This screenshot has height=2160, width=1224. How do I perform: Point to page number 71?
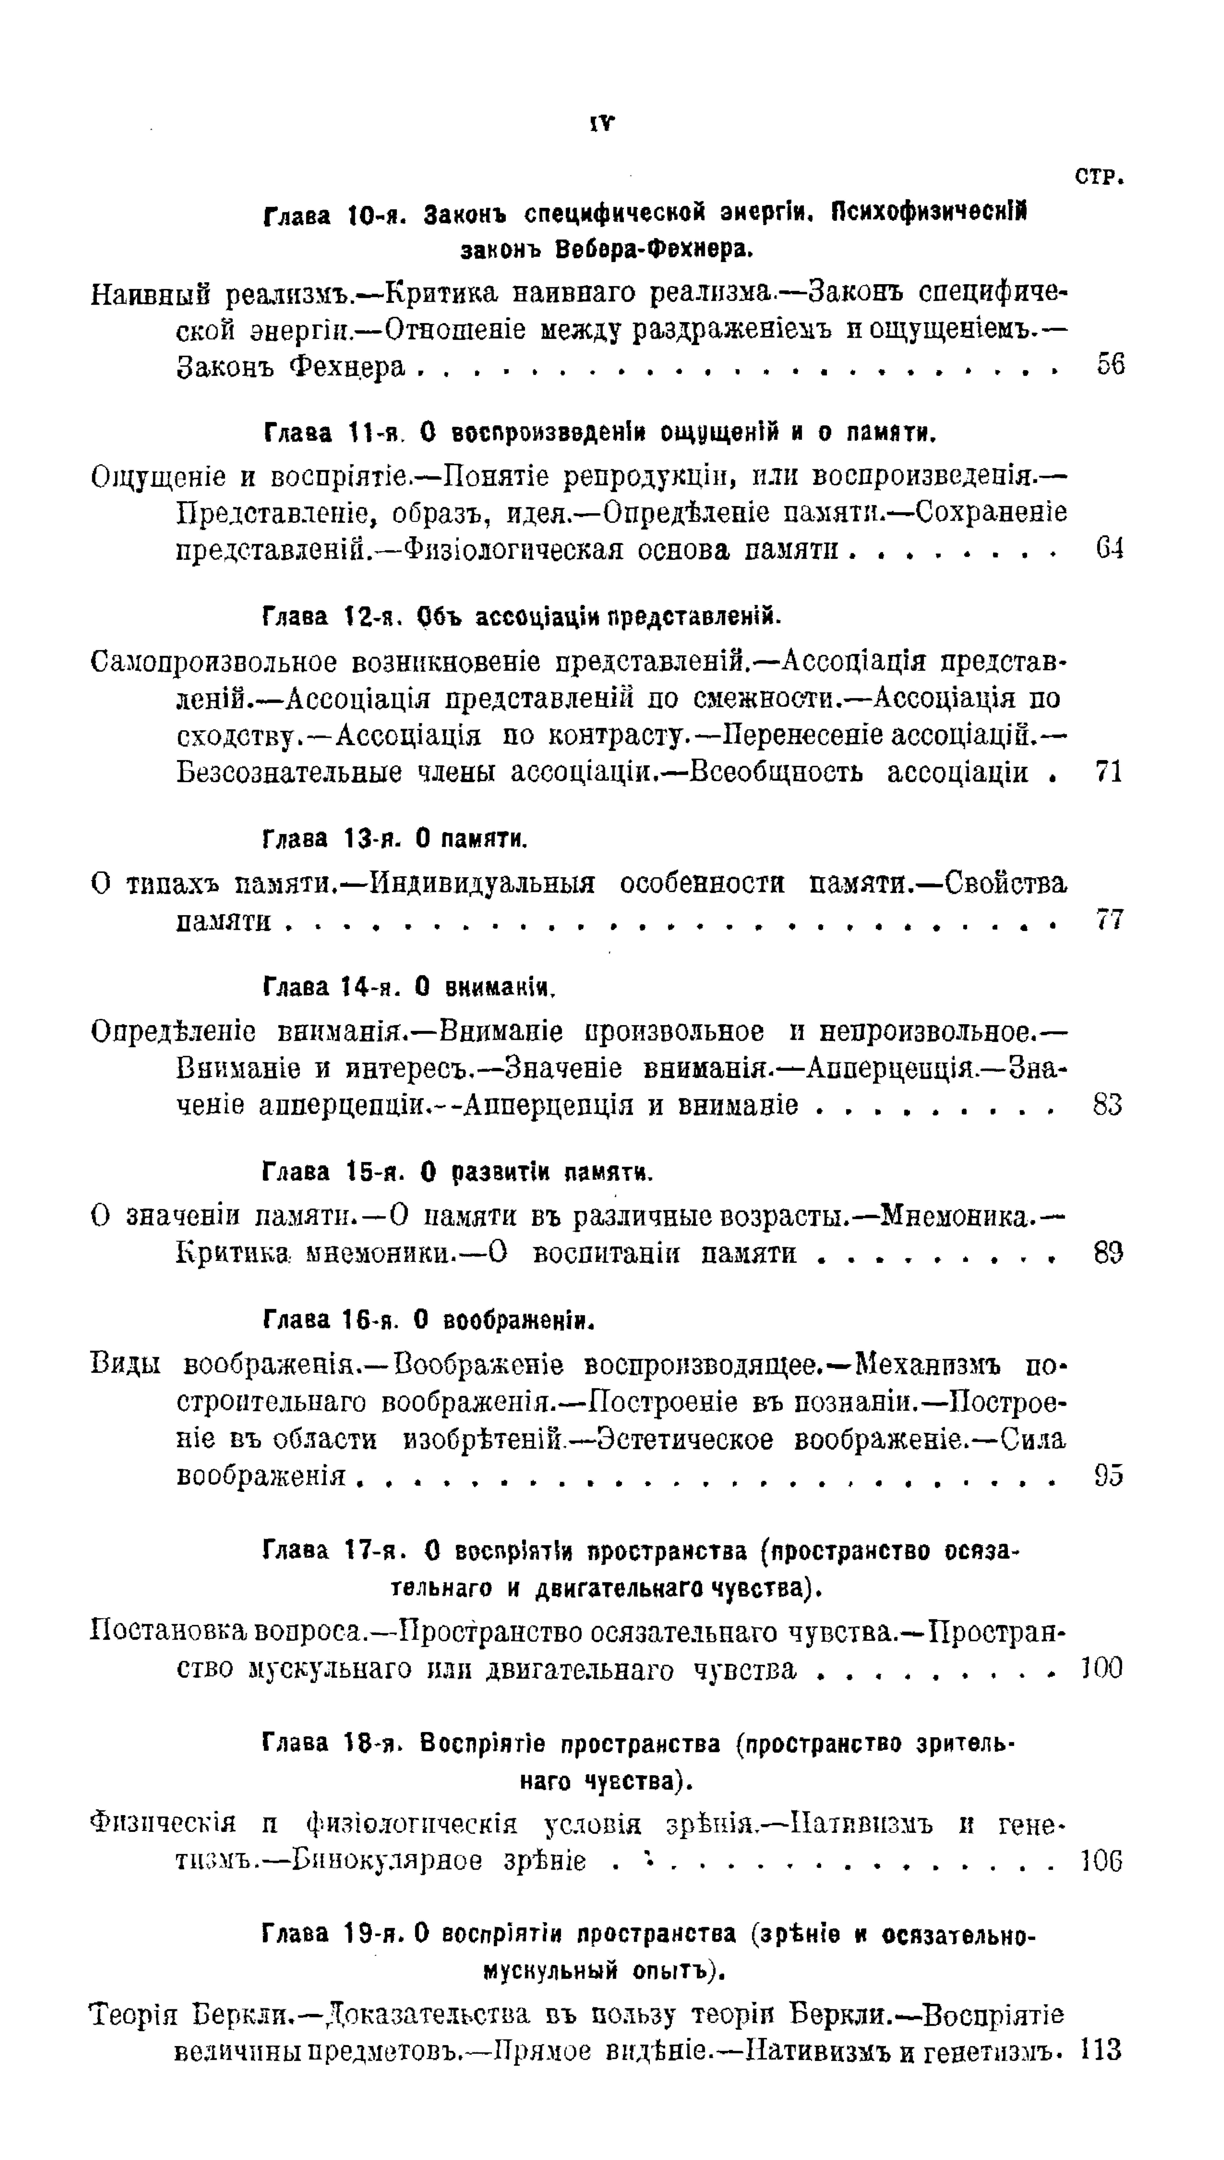pos(1110,771)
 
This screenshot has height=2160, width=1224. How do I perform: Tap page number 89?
pos(1108,1253)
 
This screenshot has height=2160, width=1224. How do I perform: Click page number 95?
pos(1108,1476)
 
